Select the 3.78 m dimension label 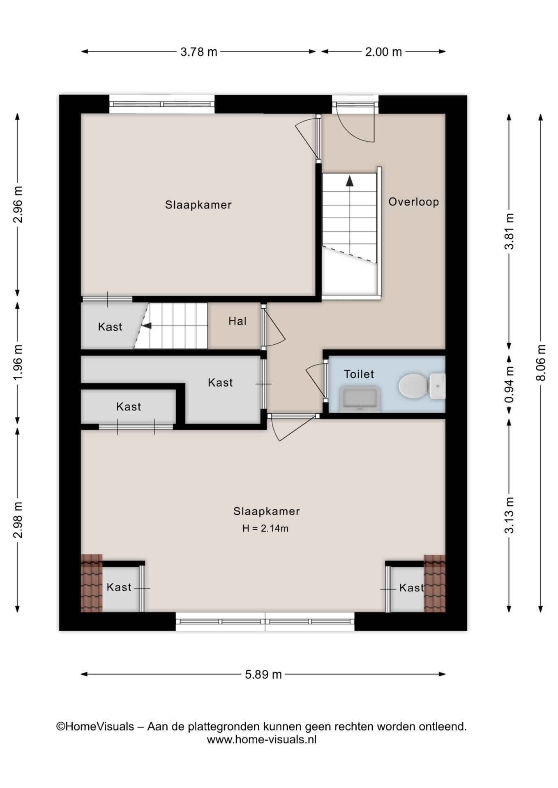[199, 52]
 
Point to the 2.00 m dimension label [383, 52]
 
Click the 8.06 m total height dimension [541, 363]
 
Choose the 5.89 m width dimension [263, 674]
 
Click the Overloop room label [414, 202]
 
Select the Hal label [237, 321]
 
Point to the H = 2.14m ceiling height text [265, 529]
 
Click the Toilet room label [359, 374]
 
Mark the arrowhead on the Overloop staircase [349, 181]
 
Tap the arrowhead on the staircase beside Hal [147, 326]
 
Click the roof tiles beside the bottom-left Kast [91, 583]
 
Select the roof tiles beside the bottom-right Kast [435, 583]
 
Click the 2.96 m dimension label [18, 204]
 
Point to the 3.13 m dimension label [510, 515]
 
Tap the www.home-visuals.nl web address [262, 740]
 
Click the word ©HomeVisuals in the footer [95, 726]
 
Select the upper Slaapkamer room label [198, 204]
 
